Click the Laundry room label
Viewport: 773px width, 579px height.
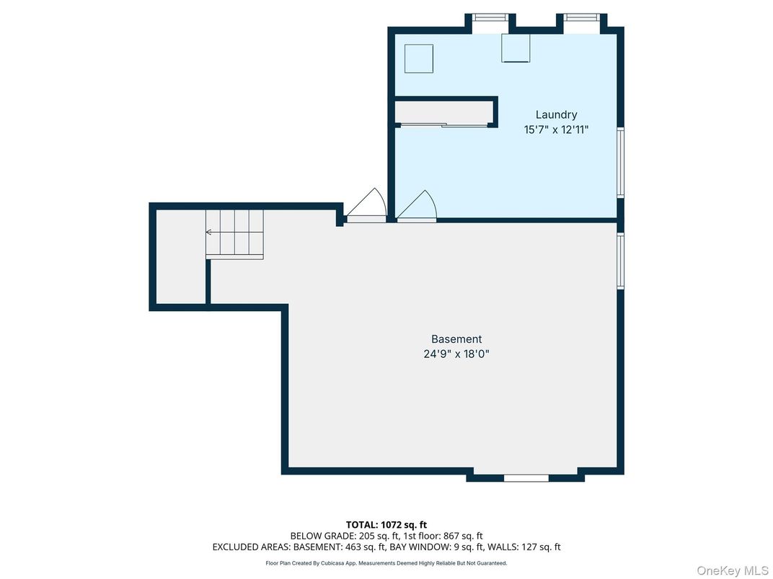pos(556,115)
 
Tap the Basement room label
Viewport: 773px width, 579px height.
pos(456,339)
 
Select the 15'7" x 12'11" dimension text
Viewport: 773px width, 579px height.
pos(556,130)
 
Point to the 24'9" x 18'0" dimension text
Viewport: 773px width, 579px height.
pos(456,354)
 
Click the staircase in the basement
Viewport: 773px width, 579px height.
pos(234,233)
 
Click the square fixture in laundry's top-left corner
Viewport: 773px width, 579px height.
pos(418,58)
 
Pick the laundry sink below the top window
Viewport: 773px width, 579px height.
pos(516,48)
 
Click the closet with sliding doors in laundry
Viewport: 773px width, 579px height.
pos(443,112)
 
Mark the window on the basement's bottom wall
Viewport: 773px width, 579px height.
pos(526,477)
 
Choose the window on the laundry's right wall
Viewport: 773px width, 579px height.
pos(620,162)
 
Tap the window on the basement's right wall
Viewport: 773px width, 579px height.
pos(620,261)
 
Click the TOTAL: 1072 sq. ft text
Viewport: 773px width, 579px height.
pos(386,525)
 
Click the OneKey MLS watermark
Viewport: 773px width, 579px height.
pos(733,571)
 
